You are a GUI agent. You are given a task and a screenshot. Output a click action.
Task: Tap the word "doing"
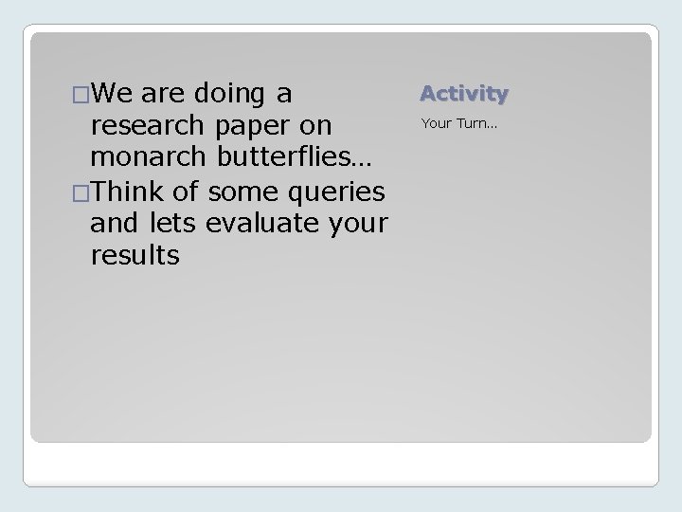pos(229,94)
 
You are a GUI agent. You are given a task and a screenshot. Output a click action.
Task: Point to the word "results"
pos(134,256)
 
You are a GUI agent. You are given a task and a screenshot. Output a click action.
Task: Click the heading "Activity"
pos(464,93)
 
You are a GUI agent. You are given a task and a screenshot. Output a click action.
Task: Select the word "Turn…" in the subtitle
pos(478,122)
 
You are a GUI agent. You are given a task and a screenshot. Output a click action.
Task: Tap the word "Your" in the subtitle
pos(438,122)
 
